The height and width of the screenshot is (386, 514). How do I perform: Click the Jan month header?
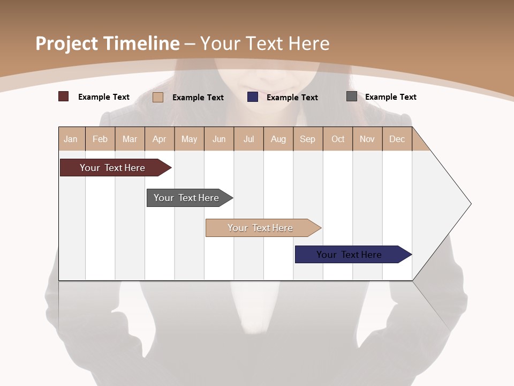[71, 139]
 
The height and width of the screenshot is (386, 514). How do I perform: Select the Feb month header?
[100, 139]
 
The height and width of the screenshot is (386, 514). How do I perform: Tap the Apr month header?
[160, 139]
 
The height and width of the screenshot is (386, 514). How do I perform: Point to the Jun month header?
[219, 139]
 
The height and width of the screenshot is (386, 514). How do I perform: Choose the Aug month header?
[278, 139]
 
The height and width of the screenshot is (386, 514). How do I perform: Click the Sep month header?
[308, 139]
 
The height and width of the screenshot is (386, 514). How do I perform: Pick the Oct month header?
[338, 139]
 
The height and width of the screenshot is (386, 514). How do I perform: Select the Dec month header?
[397, 139]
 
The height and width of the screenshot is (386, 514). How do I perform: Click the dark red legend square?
[64, 96]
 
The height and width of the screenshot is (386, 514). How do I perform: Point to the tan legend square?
[158, 97]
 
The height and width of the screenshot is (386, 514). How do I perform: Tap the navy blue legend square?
[253, 97]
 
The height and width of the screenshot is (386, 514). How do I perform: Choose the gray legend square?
[352, 96]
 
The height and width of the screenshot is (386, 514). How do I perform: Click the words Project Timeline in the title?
[107, 43]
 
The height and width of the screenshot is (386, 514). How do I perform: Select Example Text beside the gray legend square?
[390, 96]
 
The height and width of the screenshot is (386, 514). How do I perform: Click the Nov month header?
[367, 139]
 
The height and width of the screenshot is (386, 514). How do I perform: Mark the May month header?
[189, 139]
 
